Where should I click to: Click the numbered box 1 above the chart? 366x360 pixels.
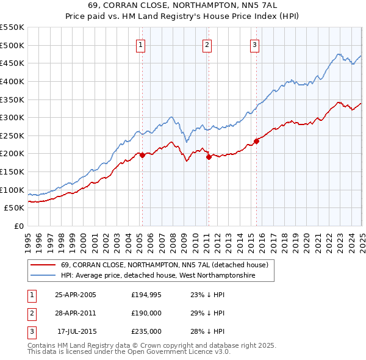[x=141, y=44]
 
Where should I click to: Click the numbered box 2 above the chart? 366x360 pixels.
[x=207, y=44]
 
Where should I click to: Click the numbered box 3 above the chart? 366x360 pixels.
[x=254, y=44]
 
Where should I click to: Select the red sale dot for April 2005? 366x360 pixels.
[x=142, y=155]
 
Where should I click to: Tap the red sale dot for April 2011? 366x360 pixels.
[x=209, y=157]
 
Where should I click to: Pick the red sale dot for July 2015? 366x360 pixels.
[x=256, y=141]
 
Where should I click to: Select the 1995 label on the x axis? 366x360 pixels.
[x=28, y=238]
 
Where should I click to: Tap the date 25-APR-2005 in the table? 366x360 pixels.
[x=75, y=295]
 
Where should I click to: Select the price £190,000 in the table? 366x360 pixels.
[x=146, y=313]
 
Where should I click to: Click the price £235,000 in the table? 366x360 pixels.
[x=146, y=331]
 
